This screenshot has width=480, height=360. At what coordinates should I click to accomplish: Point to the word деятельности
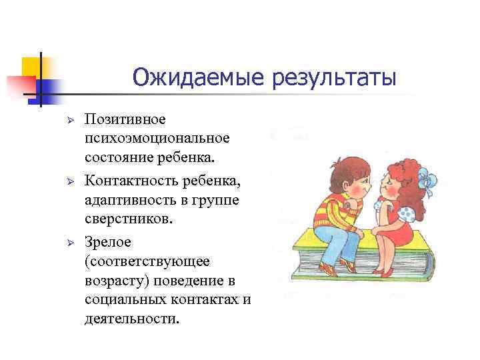[x=132, y=318]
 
